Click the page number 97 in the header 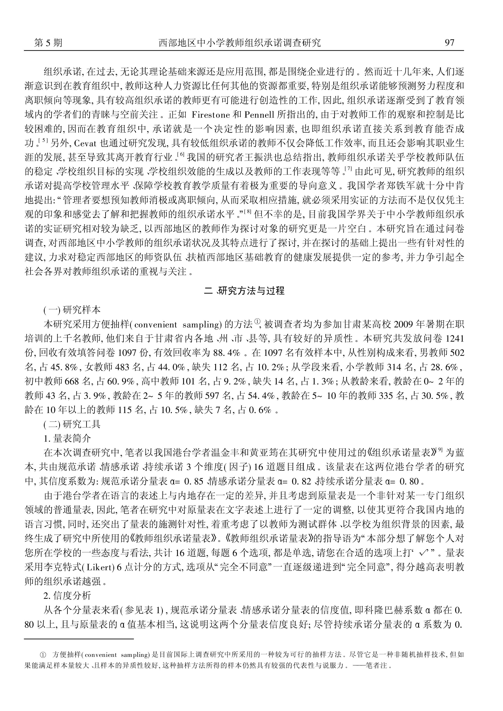point(449,42)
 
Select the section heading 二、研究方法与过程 point(244,291)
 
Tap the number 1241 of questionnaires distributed point(454,338)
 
